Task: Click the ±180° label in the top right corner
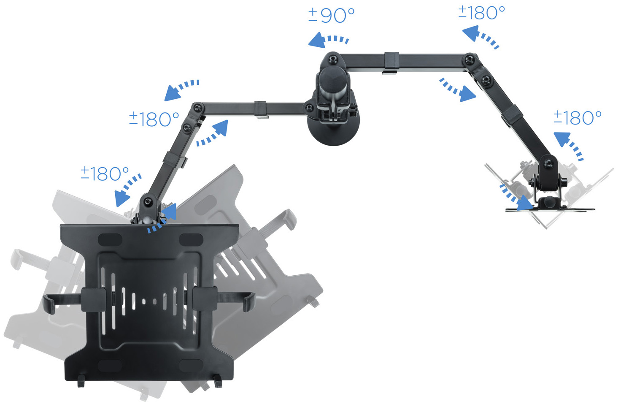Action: (481, 13)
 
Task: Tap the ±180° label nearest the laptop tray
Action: (105, 174)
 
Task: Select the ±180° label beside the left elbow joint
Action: (154, 119)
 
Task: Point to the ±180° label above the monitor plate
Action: (578, 118)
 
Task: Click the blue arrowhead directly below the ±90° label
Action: (317, 41)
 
